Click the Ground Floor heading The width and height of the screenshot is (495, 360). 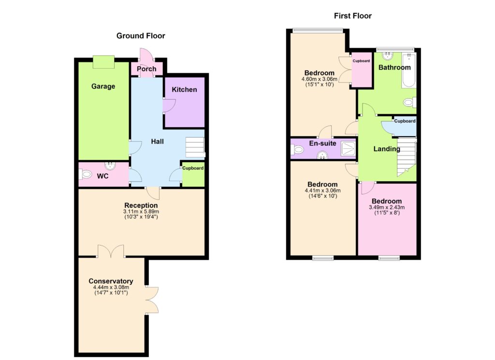141,36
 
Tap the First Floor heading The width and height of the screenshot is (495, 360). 352,16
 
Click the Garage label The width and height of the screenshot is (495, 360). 103,86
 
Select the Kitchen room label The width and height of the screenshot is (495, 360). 184,89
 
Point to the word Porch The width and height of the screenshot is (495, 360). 146,69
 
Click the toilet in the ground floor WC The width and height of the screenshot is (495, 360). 85,174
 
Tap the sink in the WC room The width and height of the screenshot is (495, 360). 110,165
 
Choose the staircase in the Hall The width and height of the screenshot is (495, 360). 195,147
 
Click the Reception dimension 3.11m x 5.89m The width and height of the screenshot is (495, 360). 141,211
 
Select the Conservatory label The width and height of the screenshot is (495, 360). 111,281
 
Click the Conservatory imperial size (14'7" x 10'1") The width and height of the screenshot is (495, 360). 111,293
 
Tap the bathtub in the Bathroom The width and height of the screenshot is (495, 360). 408,71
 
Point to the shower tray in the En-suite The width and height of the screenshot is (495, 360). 348,149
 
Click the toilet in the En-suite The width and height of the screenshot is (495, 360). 297,149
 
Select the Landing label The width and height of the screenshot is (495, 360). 387,149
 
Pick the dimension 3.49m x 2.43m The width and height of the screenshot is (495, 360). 387,207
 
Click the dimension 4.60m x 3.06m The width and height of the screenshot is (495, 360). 320,79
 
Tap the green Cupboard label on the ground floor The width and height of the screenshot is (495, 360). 193,168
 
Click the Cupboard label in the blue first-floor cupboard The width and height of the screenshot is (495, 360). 405,121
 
